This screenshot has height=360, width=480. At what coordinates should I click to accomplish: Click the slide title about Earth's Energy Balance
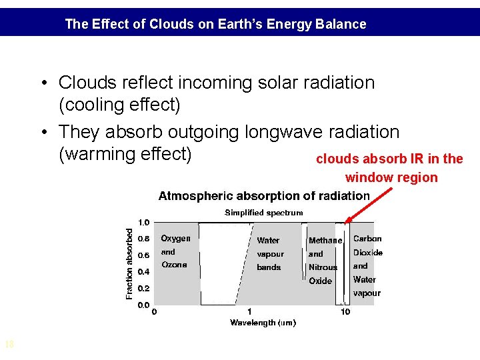point(215,25)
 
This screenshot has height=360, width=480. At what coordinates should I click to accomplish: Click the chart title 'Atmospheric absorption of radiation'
point(264,196)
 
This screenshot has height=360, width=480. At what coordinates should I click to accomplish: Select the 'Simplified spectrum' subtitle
point(264,213)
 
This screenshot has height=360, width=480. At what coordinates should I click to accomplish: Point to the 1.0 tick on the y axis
point(144,223)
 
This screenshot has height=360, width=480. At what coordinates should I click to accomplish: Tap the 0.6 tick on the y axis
point(144,255)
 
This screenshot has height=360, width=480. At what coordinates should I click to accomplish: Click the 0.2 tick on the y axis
point(144,289)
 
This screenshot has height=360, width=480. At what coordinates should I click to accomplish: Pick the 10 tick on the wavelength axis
point(345,312)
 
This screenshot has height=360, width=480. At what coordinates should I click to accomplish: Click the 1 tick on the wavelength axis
point(249,312)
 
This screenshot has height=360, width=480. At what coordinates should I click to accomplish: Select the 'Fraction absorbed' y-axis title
point(129,264)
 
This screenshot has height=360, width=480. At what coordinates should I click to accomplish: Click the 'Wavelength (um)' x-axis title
point(263,323)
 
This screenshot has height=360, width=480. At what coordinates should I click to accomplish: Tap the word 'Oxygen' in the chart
point(175,239)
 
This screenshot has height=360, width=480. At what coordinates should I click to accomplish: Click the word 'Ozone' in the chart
point(174,265)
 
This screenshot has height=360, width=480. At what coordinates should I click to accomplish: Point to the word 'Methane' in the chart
point(325,241)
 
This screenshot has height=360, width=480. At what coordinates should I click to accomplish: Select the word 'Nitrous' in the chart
point(323,267)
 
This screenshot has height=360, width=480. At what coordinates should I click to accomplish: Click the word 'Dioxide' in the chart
point(368,253)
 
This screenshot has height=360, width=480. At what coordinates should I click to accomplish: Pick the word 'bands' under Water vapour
point(269,267)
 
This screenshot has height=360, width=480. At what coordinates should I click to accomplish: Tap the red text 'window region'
point(391,178)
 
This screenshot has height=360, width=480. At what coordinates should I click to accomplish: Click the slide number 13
point(9,345)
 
